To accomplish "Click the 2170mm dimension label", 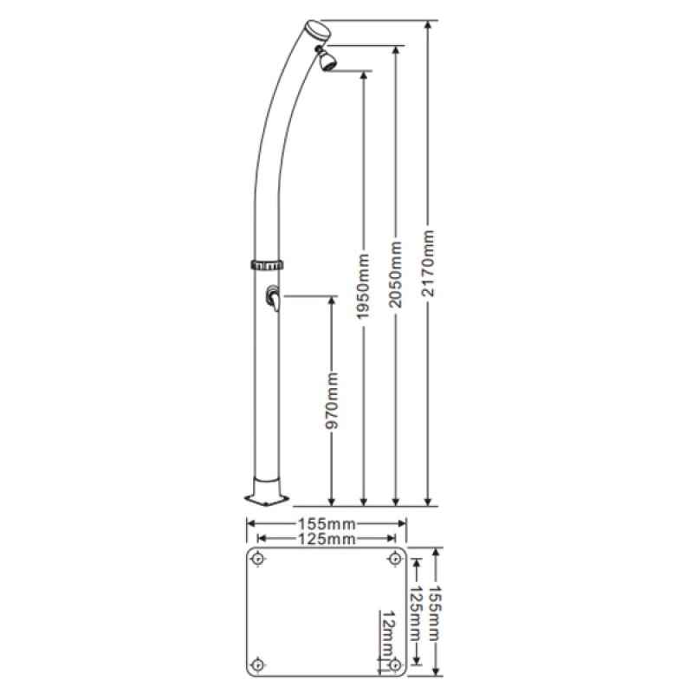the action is point(428,263).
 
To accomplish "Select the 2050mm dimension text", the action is point(396,275).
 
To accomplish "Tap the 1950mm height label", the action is point(363,287).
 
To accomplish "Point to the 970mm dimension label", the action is point(332,401).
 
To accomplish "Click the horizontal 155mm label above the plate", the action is point(327,524).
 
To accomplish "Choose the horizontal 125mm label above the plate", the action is point(327,539).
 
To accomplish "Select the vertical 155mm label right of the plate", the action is point(435,613).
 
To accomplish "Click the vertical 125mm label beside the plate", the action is point(416,613).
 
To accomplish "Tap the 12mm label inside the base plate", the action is point(388,633).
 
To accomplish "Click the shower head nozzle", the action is point(328,61).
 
